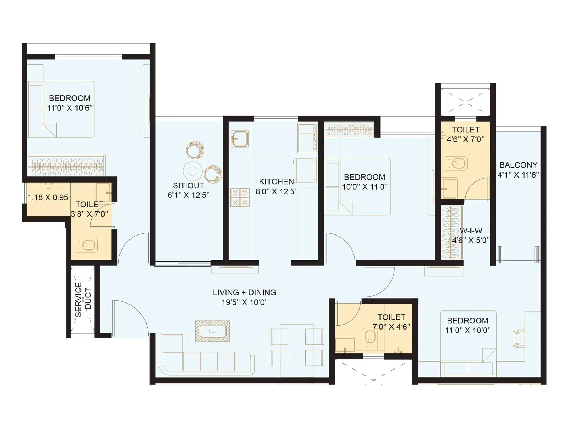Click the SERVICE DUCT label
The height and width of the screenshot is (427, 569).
point(83,300)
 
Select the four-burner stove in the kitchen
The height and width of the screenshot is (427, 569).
point(240,197)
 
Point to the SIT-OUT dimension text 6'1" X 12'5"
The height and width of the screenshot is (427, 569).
point(188,195)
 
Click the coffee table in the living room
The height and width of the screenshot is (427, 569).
point(212,331)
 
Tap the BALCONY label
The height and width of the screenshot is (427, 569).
point(518,165)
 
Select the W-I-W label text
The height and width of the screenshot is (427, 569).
point(471,231)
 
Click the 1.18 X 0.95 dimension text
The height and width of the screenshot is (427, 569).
point(48,197)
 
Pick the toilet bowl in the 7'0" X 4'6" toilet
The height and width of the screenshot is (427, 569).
point(370,336)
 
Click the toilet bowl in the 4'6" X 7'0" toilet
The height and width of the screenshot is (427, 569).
point(458,163)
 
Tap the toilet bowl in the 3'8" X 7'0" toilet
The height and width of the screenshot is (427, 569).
point(87,245)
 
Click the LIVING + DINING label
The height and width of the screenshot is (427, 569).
point(244,292)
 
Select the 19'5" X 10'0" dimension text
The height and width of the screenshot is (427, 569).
point(244,302)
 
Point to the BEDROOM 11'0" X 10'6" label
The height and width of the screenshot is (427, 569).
point(70,103)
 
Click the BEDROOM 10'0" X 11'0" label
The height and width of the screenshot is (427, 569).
point(365,182)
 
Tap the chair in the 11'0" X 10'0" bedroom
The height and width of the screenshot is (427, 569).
point(518,338)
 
